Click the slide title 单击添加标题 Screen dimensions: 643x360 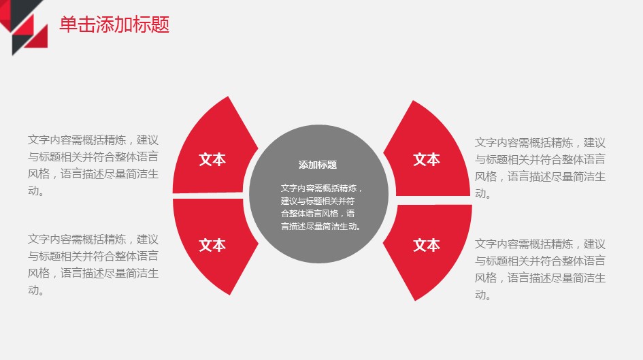(114, 24)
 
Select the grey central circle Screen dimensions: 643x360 (318, 194)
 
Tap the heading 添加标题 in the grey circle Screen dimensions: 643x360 (318, 165)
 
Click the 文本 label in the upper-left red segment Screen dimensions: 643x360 (212, 159)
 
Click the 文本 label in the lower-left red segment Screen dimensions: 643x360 (212, 245)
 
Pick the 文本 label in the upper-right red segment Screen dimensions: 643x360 (427, 159)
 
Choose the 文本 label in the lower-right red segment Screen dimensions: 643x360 (427, 245)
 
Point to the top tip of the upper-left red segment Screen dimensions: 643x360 (228, 97)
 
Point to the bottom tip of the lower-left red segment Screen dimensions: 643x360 (230, 295)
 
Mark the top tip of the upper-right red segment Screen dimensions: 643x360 (412, 101)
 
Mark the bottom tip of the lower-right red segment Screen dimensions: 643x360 (415, 301)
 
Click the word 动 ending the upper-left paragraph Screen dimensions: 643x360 (33, 191)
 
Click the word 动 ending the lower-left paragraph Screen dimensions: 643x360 (33, 290)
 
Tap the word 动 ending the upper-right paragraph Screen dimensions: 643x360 (480, 193)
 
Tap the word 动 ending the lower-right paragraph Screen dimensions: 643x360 (480, 295)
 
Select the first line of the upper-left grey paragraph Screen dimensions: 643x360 (93, 140)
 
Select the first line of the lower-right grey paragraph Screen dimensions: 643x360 (540, 244)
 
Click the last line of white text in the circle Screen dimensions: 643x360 (320, 226)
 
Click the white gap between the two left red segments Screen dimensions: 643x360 (208, 195)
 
